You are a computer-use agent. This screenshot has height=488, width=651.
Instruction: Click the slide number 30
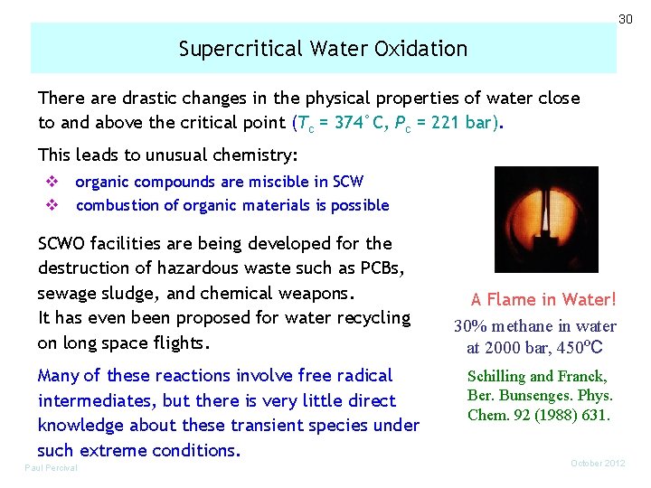625,19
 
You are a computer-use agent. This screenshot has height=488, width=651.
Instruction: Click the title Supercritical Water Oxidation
323,49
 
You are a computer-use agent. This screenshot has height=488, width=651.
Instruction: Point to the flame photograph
534,220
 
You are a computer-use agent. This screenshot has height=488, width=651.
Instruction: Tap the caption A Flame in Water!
543,299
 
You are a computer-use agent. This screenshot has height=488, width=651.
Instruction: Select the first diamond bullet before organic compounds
52,182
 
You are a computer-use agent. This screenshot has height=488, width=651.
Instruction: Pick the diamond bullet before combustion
52,205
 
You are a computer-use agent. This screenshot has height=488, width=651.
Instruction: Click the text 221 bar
459,123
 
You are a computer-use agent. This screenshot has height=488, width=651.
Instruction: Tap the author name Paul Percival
51,467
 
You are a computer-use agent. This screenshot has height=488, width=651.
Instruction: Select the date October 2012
598,464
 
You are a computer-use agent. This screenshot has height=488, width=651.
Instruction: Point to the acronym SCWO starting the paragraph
64,243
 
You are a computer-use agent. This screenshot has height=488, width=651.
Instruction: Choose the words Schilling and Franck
537,377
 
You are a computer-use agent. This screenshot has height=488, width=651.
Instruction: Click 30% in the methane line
472,326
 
